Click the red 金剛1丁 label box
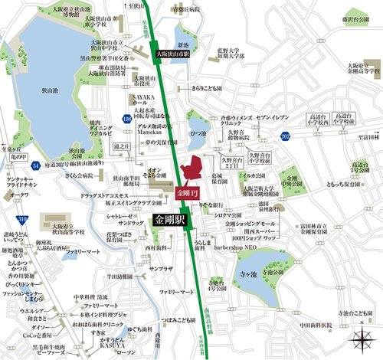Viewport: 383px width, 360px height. [186, 192]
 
